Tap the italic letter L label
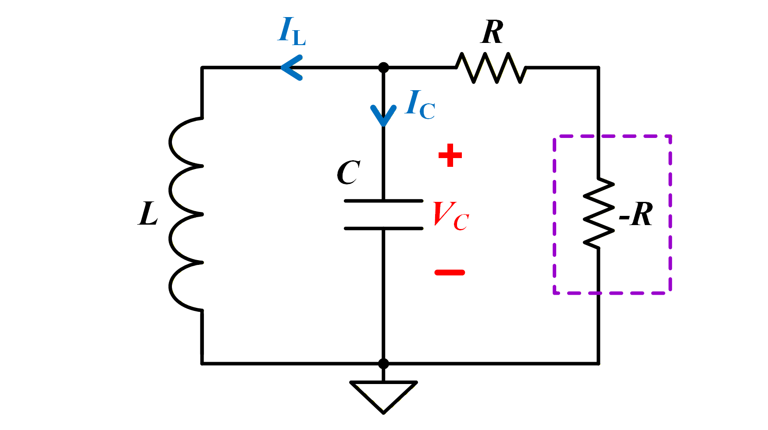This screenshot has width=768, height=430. (x=148, y=214)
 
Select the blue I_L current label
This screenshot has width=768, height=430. (x=292, y=31)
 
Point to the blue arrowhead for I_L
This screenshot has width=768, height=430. (x=291, y=67)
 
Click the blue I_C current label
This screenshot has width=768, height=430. (x=420, y=104)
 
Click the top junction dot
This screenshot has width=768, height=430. (x=383, y=67)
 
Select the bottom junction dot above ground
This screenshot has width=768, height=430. (x=383, y=363)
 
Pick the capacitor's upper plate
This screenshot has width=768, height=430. (x=383, y=201)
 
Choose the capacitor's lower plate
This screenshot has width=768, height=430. (x=383, y=228)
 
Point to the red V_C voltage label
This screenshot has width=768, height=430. (x=451, y=216)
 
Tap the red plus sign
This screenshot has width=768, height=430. (x=450, y=155)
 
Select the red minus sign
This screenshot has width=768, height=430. (x=450, y=272)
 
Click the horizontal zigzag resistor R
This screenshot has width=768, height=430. (x=491, y=67)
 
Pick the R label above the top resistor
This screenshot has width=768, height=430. (x=492, y=32)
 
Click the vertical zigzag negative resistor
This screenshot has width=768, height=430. (x=598, y=212)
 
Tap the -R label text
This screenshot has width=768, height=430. (x=636, y=214)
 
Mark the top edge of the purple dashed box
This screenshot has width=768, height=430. (x=612, y=136)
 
